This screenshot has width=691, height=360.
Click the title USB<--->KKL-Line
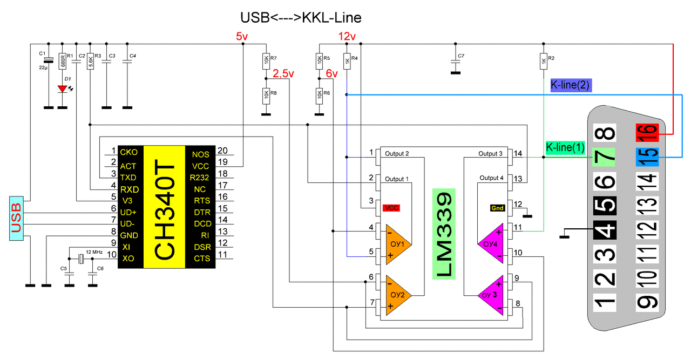[300, 18]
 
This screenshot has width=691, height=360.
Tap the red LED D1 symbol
[63, 89]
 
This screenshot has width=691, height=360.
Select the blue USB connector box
[16, 218]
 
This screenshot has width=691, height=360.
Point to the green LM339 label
[444, 233]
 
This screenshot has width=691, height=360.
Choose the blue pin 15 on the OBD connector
[647, 157]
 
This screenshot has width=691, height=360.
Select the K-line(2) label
[571, 85]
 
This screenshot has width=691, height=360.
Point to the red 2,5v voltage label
[283, 73]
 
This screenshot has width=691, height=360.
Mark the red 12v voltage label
[347, 37]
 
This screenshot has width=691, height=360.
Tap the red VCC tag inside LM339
[391, 207]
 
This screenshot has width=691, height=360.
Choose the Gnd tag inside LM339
[497, 208]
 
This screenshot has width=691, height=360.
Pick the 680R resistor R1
[63, 60]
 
